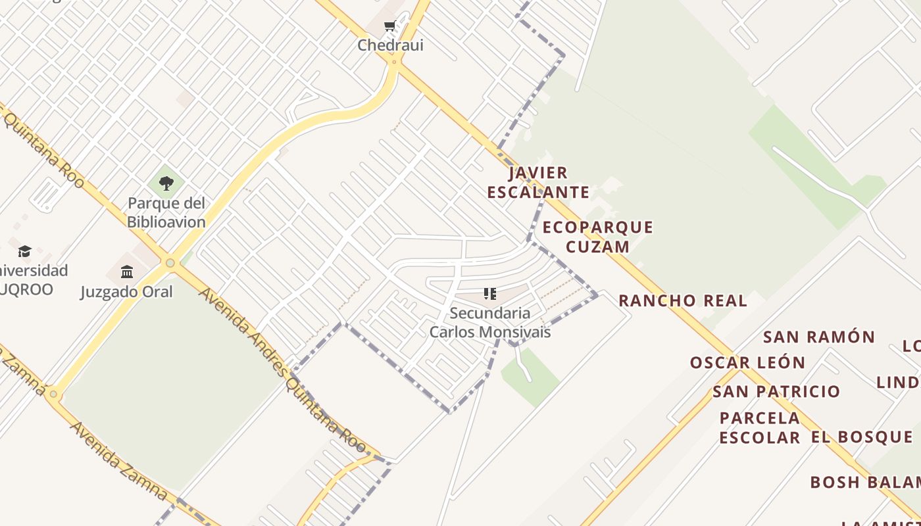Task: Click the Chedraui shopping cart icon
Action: (389, 27)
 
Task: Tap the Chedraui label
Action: (390, 45)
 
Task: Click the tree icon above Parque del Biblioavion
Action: (166, 183)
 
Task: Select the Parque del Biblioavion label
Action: (166, 212)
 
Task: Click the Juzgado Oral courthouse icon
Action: (127, 272)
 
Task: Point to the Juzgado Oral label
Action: (126, 291)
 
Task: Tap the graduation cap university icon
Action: (25, 251)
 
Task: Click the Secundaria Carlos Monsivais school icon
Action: (489, 293)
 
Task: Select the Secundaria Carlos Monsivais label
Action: (489, 322)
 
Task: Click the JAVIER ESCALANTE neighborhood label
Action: (538, 183)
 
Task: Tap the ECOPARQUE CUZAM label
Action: (597, 237)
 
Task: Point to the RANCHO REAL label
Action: (683, 301)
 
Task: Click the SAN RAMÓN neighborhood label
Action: (819, 337)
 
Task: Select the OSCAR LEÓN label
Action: (747, 362)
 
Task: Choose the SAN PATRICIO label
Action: (776, 392)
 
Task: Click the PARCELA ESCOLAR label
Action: (760, 427)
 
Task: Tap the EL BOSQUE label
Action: (862, 437)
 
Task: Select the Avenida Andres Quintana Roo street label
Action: (283, 368)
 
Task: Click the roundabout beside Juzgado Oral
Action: (170, 263)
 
